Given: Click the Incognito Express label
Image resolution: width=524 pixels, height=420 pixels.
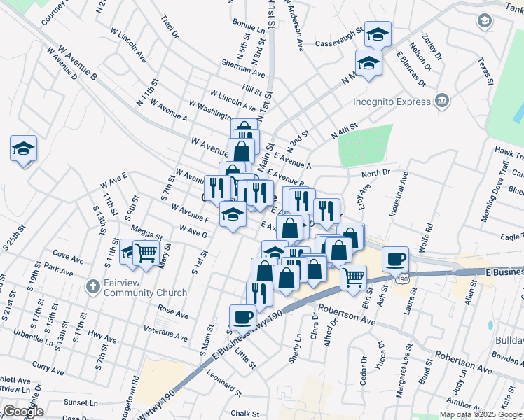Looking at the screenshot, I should [x=391, y=101].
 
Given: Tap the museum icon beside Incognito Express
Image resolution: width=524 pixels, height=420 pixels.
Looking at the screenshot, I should [x=441, y=101].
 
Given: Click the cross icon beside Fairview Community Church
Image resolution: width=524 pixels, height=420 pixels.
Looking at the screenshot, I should [x=92, y=287].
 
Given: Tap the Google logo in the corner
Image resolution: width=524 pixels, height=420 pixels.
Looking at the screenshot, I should [x=22, y=412].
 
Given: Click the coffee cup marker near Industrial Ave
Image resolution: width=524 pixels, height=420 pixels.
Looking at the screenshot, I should [x=395, y=258].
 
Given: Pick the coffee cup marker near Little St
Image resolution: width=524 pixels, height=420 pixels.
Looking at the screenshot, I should [x=242, y=316].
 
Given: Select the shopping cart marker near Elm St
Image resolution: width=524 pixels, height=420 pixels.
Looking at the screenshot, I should [x=353, y=276].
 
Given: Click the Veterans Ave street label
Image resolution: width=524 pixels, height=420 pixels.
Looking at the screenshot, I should [x=165, y=332].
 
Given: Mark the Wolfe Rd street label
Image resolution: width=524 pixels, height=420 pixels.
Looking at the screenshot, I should [x=429, y=237].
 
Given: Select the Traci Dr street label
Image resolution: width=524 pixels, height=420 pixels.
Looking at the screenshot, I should [x=170, y=29].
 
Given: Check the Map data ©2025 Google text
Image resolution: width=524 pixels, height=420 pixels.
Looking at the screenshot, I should [x=481, y=414].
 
